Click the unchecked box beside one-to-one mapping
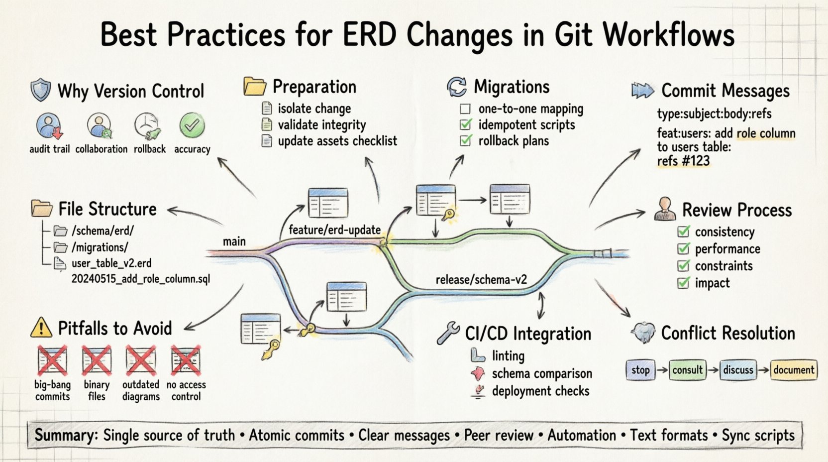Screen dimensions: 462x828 465,109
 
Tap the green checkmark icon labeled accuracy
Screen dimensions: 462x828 192,125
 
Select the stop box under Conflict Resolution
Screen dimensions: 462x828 640,370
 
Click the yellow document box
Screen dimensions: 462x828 794,370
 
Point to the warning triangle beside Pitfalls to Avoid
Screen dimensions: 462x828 41,328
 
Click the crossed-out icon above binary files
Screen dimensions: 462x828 97,360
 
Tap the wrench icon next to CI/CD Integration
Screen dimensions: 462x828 448,333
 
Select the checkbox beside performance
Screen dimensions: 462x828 684,248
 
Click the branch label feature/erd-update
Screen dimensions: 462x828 334,230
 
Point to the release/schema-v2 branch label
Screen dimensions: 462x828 481,280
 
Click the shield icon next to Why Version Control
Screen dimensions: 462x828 41,90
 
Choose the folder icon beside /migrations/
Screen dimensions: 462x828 61,247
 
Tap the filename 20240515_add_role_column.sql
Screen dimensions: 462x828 141,279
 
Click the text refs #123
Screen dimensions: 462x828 683,161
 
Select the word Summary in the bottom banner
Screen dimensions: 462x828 66,435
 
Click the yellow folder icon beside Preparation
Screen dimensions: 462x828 255,87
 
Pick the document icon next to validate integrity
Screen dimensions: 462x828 267,124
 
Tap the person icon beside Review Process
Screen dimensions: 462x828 665,209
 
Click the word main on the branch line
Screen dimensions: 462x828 234,241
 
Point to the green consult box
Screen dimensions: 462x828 687,370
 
